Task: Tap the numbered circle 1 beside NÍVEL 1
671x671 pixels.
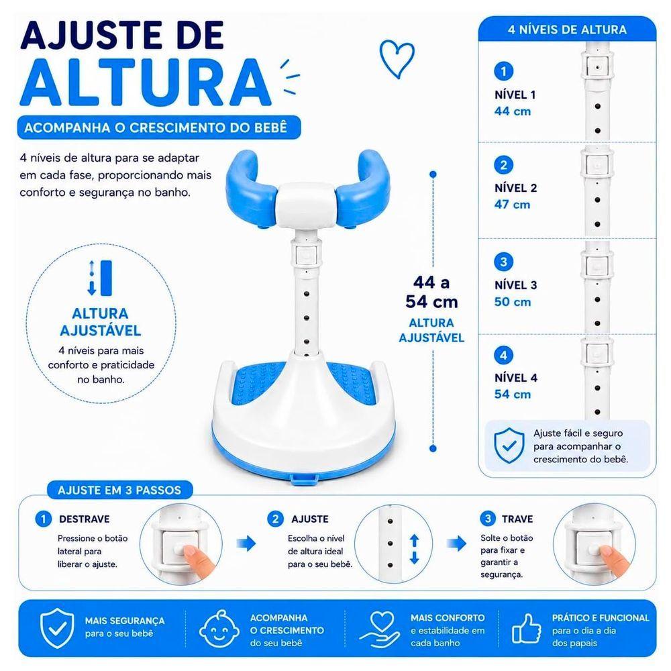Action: (x=504, y=71)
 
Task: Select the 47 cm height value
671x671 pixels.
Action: (x=512, y=205)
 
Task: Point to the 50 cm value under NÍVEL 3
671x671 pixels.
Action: (x=512, y=302)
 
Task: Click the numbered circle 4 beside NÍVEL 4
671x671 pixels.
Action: (x=504, y=355)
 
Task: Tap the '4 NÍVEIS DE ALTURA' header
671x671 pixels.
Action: (x=567, y=30)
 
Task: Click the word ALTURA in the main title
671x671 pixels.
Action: (x=146, y=82)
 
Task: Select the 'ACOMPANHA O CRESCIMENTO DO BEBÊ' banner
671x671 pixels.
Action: (x=159, y=127)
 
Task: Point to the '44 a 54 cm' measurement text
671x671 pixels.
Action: (x=431, y=292)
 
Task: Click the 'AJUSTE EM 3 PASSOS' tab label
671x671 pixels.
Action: (x=119, y=490)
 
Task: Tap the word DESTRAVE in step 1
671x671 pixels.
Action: (x=85, y=519)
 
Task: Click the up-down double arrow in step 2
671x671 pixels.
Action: (x=414, y=549)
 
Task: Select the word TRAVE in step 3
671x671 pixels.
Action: (x=517, y=519)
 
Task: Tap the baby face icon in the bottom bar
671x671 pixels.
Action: (x=219, y=629)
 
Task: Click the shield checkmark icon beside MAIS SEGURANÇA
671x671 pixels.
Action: (x=57, y=628)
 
